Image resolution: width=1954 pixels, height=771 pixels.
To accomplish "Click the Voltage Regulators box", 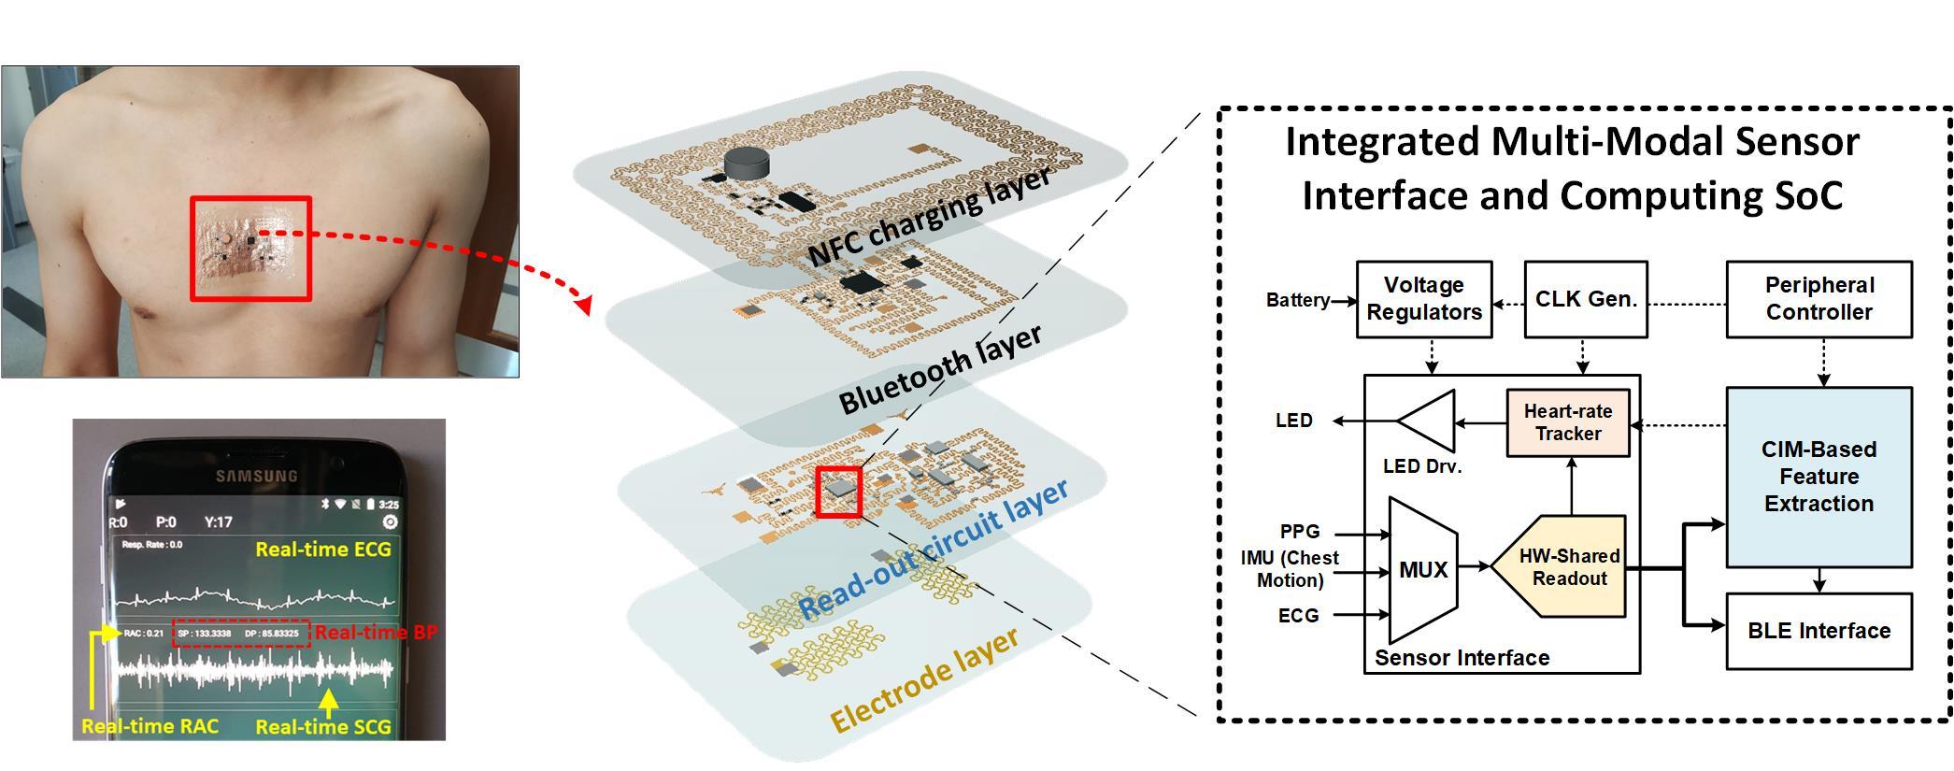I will coord(1423,299).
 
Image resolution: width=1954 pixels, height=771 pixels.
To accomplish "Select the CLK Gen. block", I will coord(1585,299).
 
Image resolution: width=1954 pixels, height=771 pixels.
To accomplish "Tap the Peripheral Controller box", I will coord(1819,299).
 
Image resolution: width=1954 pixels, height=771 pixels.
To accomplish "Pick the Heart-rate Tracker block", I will coord(1568,422).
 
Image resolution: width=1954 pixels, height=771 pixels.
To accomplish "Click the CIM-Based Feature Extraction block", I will coord(1819,477).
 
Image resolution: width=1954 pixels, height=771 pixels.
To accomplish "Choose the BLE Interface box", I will coord(1819,631).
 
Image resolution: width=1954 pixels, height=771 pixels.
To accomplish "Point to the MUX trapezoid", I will coord(1423,569).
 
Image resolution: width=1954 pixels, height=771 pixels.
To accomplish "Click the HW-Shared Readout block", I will coord(1568,567).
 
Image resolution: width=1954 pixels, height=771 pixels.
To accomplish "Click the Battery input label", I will coord(1297,300).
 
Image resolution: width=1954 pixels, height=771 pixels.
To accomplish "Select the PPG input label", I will coord(1299,531).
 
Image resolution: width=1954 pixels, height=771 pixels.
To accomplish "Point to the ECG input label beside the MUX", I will coord(1298,615).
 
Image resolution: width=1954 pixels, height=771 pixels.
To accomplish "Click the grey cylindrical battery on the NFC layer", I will coord(747,162).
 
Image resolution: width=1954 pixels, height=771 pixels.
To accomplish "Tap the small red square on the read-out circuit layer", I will coord(838,491).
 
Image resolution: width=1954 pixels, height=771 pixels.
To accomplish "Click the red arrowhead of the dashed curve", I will coord(585,305).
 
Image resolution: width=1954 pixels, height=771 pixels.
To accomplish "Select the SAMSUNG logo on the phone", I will coord(256,476).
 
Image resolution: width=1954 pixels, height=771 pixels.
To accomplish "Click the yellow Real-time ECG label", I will coord(323,550).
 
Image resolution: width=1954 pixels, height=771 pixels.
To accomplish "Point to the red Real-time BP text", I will coord(376,633).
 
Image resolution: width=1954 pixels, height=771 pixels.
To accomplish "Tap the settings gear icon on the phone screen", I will coord(391,522).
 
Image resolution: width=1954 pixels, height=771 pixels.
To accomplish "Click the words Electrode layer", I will coord(923,681).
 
